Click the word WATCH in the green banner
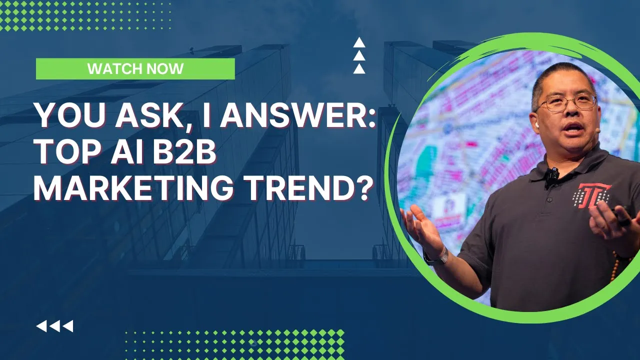click(111, 69)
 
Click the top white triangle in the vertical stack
click(359, 42)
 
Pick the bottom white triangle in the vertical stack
click(359, 68)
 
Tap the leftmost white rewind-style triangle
click(41, 326)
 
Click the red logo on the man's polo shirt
click(591, 195)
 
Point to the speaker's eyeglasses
click(566, 102)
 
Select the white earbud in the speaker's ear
click(536, 125)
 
